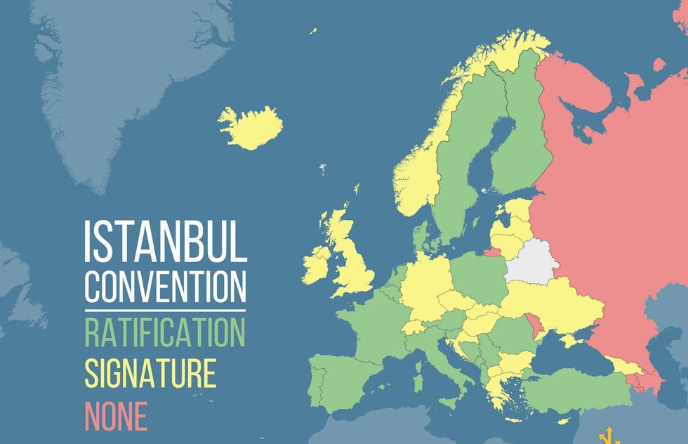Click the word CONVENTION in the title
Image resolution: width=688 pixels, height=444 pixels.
(x=166, y=286)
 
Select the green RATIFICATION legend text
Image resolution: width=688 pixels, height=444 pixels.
(x=166, y=332)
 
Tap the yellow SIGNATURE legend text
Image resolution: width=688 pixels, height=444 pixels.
(x=150, y=374)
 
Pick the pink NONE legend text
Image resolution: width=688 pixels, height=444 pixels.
(x=116, y=416)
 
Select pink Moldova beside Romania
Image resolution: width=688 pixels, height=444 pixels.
(x=538, y=325)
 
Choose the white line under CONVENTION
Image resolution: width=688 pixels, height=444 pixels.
(x=166, y=310)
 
